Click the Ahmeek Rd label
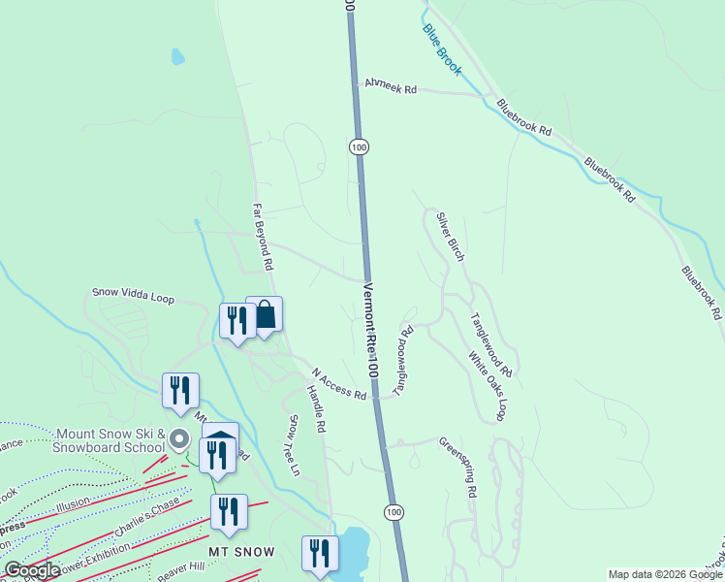(x=390, y=87)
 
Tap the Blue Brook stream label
(x=442, y=49)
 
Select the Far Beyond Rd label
(x=262, y=236)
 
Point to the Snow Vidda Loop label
(x=133, y=295)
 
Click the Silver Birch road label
(x=450, y=237)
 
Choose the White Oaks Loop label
(x=488, y=386)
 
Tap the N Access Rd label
(x=339, y=384)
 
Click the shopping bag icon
(x=265, y=313)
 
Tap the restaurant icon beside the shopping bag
(x=236, y=321)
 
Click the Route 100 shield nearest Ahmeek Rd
(x=359, y=146)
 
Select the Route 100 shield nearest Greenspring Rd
(x=393, y=511)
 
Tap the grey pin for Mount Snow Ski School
(x=178, y=439)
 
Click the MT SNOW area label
(x=243, y=552)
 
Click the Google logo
(x=32, y=570)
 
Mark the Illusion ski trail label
(x=73, y=504)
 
